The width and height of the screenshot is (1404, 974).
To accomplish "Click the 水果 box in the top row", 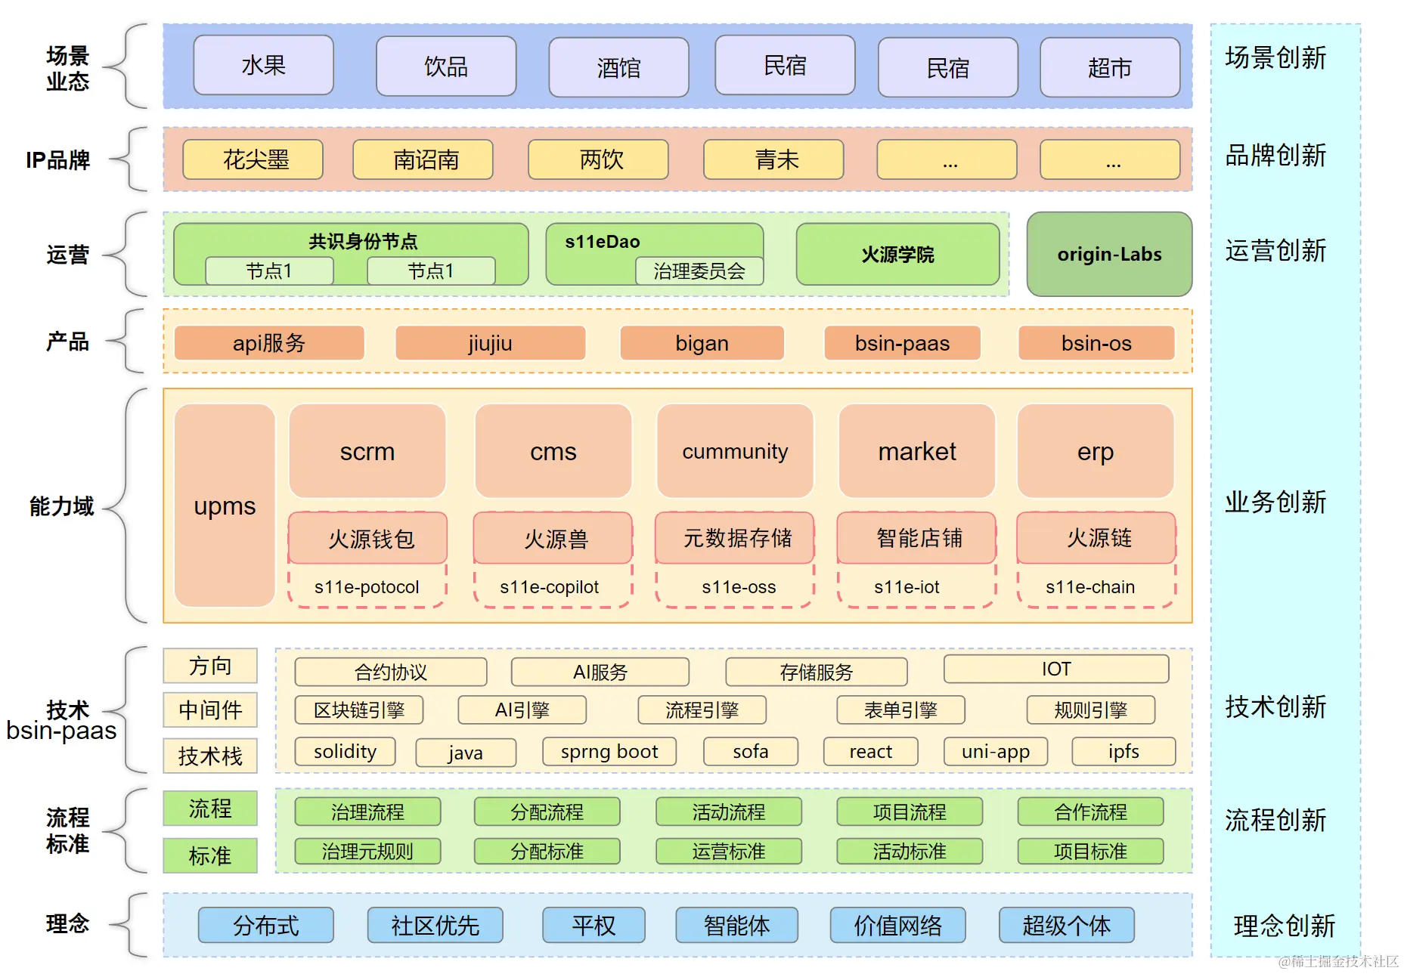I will point(263,66).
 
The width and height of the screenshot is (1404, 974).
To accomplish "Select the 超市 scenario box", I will point(1109,68).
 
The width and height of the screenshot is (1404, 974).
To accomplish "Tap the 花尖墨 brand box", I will point(253,159).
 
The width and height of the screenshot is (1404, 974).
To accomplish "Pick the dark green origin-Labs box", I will point(1109,255).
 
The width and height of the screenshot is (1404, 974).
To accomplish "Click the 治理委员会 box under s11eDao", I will point(699,271).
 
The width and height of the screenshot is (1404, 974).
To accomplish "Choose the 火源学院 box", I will point(897,255).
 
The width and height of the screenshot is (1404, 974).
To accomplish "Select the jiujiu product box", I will point(490,343).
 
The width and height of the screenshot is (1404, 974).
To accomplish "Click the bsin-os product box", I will point(1096,343).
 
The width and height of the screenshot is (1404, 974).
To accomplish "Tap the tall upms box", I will point(225,506).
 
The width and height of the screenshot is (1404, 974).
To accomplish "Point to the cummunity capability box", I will point(735,451).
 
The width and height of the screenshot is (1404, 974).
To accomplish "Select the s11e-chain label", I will point(1090,587).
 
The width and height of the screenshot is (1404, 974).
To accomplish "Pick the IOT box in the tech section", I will point(1056,669).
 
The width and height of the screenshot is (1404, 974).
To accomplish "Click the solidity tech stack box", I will point(345,752).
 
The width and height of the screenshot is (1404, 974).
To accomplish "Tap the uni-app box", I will point(995,752).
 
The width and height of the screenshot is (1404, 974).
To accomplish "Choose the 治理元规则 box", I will point(367,852).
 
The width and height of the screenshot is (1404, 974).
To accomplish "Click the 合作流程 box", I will point(1090,812).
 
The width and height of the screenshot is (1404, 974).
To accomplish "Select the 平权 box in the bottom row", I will point(594,926).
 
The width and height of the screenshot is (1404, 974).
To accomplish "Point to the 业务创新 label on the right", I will point(1275,502).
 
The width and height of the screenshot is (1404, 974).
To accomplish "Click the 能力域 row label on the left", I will point(62,506).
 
